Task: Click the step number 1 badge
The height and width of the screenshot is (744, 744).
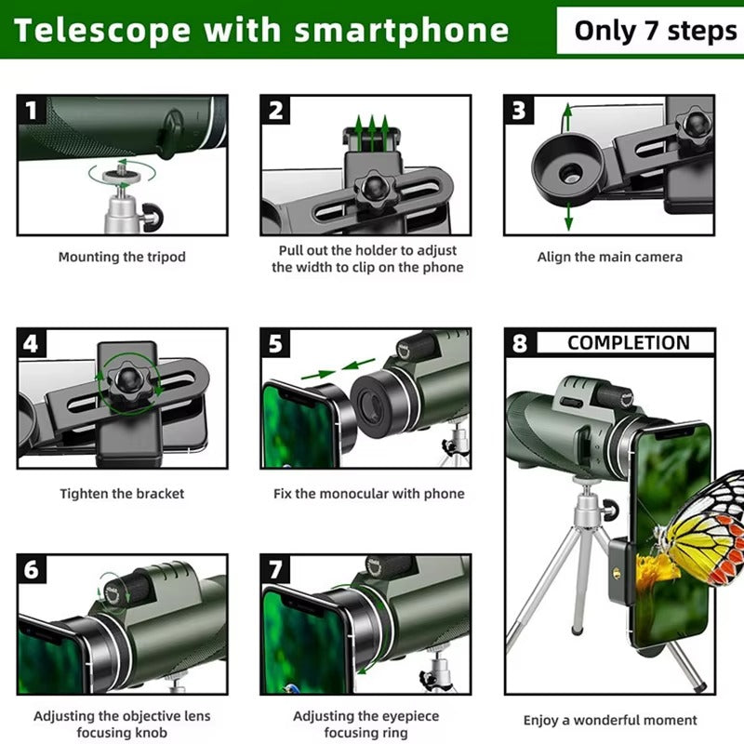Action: click(x=33, y=112)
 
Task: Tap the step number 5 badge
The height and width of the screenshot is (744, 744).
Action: click(x=275, y=344)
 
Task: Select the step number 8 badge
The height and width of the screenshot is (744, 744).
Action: click(x=519, y=343)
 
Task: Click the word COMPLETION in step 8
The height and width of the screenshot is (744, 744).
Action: click(x=628, y=342)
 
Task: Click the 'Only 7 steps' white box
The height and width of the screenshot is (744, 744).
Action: click(x=654, y=30)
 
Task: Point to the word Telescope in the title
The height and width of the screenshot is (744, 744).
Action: click(x=100, y=30)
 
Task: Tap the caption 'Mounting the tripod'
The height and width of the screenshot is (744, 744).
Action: click(x=122, y=257)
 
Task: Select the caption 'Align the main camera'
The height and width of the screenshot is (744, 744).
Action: click(x=609, y=257)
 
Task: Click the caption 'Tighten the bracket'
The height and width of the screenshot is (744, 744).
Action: click(x=122, y=494)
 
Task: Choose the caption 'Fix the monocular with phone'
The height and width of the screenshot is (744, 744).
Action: click(x=368, y=494)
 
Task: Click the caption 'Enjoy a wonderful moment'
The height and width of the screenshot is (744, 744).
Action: click(x=609, y=720)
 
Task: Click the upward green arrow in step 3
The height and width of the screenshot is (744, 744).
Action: click(x=567, y=119)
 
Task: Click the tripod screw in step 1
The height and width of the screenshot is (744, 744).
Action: click(x=122, y=171)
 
